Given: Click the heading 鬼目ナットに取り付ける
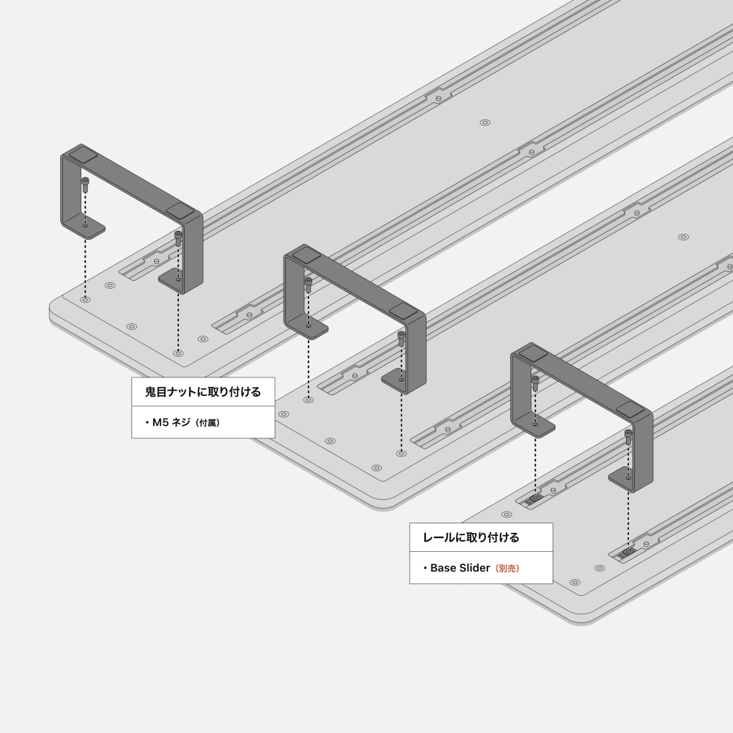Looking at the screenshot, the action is pyautogui.click(x=203, y=391).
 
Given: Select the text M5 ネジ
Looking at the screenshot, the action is pyautogui.click(x=171, y=423).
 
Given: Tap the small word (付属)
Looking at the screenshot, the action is pyautogui.click(x=207, y=423).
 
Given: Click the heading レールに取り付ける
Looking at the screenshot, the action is pyautogui.click(x=471, y=537).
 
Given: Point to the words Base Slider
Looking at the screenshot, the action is pyautogui.click(x=460, y=568).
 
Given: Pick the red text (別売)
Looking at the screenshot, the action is pyautogui.click(x=507, y=569).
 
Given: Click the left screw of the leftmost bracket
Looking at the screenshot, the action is pyautogui.click(x=85, y=185).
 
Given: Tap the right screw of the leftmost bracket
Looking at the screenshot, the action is pyautogui.click(x=178, y=238).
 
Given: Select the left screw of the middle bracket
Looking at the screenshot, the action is pyautogui.click(x=308, y=285).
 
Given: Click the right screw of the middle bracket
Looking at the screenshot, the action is pyautogui.click(x=402, y=339).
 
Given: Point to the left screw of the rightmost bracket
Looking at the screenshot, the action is pyautogui.click(x=535, y=383).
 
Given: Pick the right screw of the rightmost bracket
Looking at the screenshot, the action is pyautogui.click(x=628, y=437).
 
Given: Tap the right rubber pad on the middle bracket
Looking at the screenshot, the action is pyautogui.click(x=402, y=311).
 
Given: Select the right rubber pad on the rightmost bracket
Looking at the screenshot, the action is pyautogui.click(x=630, y=410).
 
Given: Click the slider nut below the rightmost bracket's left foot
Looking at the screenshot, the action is pyautogui.click(x=535, y=498).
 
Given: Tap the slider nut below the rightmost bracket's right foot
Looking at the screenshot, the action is pyautogui.click(x=628, y=553).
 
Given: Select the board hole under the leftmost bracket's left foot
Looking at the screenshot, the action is pyautogui.click(x=85, y=299).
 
